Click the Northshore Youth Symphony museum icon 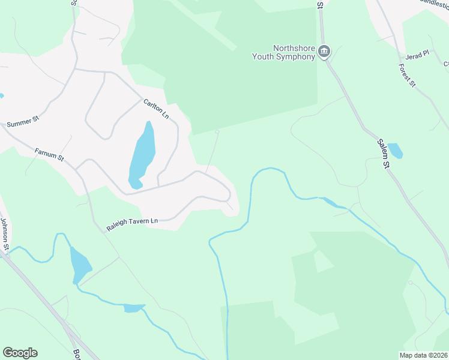325,52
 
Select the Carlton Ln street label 155,108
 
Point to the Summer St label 22,121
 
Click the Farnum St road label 49,155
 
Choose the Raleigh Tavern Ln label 131,224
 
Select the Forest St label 407,76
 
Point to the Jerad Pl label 417,54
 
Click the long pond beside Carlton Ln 142,154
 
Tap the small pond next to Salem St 395,150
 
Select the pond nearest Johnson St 80,264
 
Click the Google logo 20,353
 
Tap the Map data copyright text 423,355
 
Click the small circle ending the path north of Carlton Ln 217,132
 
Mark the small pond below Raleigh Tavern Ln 134,308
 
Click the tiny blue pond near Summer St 1,95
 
